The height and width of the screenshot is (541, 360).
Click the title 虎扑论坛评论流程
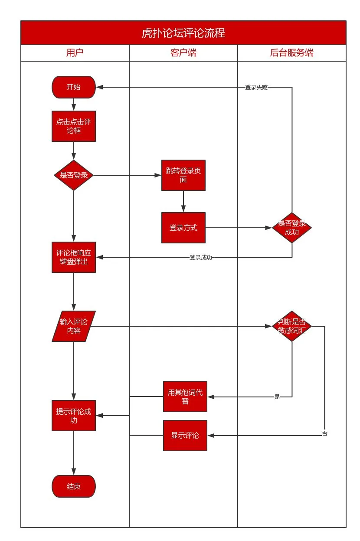[183, 33]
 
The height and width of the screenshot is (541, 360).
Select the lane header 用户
[75, 53]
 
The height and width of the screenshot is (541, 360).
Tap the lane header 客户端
[183, 53]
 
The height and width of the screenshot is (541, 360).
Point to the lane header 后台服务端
[291, 53]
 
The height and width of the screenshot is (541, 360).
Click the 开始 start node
[73, 87]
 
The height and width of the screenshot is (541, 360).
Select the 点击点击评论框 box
[73, 126]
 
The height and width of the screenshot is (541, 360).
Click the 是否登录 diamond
[73, 175]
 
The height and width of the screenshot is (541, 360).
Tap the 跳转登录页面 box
[183, 175]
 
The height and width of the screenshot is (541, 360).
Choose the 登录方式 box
[183, 227]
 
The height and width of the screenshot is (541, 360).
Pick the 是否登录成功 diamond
[291, 227]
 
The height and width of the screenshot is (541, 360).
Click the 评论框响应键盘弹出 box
[73, 257]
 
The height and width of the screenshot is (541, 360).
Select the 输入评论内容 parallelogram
[73, 326]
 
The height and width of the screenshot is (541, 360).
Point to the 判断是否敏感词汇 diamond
[291, 326]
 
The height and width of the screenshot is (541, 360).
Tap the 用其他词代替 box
[185, 396]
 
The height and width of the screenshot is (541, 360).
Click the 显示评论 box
[185, 435]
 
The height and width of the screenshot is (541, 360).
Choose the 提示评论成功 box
[73, 415]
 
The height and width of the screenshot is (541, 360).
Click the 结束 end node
[73, 486]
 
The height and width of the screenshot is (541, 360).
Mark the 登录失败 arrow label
[256, 87]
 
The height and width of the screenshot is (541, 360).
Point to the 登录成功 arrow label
[200, 257]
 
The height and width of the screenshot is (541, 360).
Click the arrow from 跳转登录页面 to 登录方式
[183, 201]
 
